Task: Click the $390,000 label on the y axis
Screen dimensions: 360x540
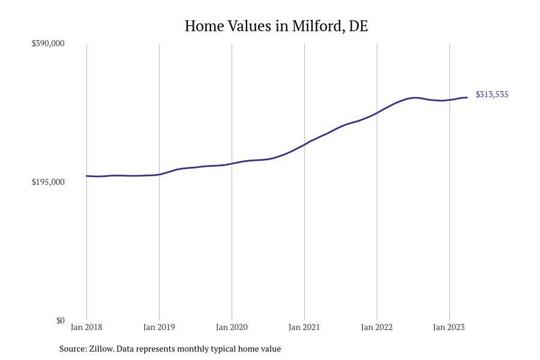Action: pyautogui.click(x=48, y=43)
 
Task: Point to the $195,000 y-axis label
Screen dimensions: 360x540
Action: pyautogui.click(x=48, y=182)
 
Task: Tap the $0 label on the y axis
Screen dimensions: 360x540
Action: pyautogui.click(x=60, y=320)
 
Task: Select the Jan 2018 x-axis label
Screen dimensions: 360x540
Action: pyautogui.click(x=86, y=327)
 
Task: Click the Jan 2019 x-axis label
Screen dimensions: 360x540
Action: pyautogui.click(x=159, y=327)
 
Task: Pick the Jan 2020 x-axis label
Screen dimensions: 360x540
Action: pyautogui.click(x=232, y=327)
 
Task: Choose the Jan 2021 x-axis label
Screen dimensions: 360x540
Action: pyautogui.click(x=304, y=327)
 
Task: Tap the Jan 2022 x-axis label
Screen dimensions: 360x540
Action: pyautogui.click(x=377, y=327)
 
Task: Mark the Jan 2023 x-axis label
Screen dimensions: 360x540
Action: pyautogui.click(x=449, y=327)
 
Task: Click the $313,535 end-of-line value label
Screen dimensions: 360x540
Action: pyautogui.click(x=492, y=94)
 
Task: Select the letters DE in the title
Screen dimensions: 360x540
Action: pyautogui.click(x=358, y=26)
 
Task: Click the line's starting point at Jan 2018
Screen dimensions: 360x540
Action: pyautogui.click(x=87, y=176)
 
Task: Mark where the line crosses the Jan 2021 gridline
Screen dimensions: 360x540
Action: pyautogui.click(x=304, y=145)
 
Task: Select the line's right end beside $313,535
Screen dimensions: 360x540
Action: pyautogui.click(x=467, y=97)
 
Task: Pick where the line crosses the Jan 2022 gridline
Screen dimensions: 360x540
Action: pyautogui.click(x=377, y=112)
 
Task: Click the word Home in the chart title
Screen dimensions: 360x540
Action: pyautogui.click(x=204, y=26)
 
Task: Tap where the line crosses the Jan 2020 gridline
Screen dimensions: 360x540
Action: pyautogui.click(x=232, y=164)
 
